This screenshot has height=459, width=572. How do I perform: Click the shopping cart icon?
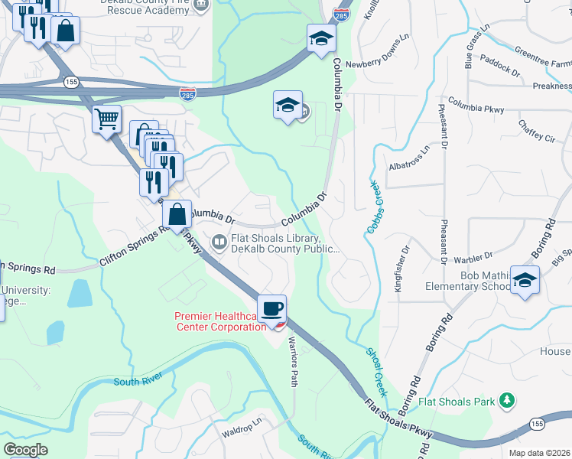pos(107,119)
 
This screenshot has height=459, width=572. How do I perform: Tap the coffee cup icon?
pos(272,309)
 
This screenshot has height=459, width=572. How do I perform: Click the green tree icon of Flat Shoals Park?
pos(505,400)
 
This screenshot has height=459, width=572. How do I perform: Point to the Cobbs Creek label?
pos(373,207)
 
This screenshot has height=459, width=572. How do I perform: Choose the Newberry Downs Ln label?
pos(383,65)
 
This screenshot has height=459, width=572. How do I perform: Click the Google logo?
pos(25,450)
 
